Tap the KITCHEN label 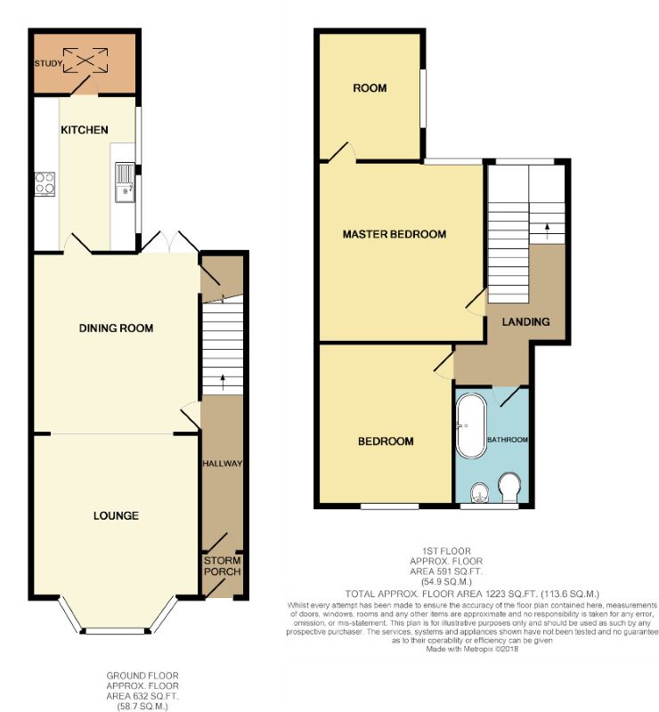tap(84, 130)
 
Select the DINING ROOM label tap(116, 328)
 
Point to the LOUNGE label tap(115, 515)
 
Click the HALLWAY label tap(222, 464)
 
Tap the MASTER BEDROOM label tap(394, 234)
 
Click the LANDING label tap(525, 321)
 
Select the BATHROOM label tap(507, 440)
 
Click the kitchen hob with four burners tap(45, 184)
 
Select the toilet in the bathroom tap(509, 489)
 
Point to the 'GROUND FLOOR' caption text tap(142, 676)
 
